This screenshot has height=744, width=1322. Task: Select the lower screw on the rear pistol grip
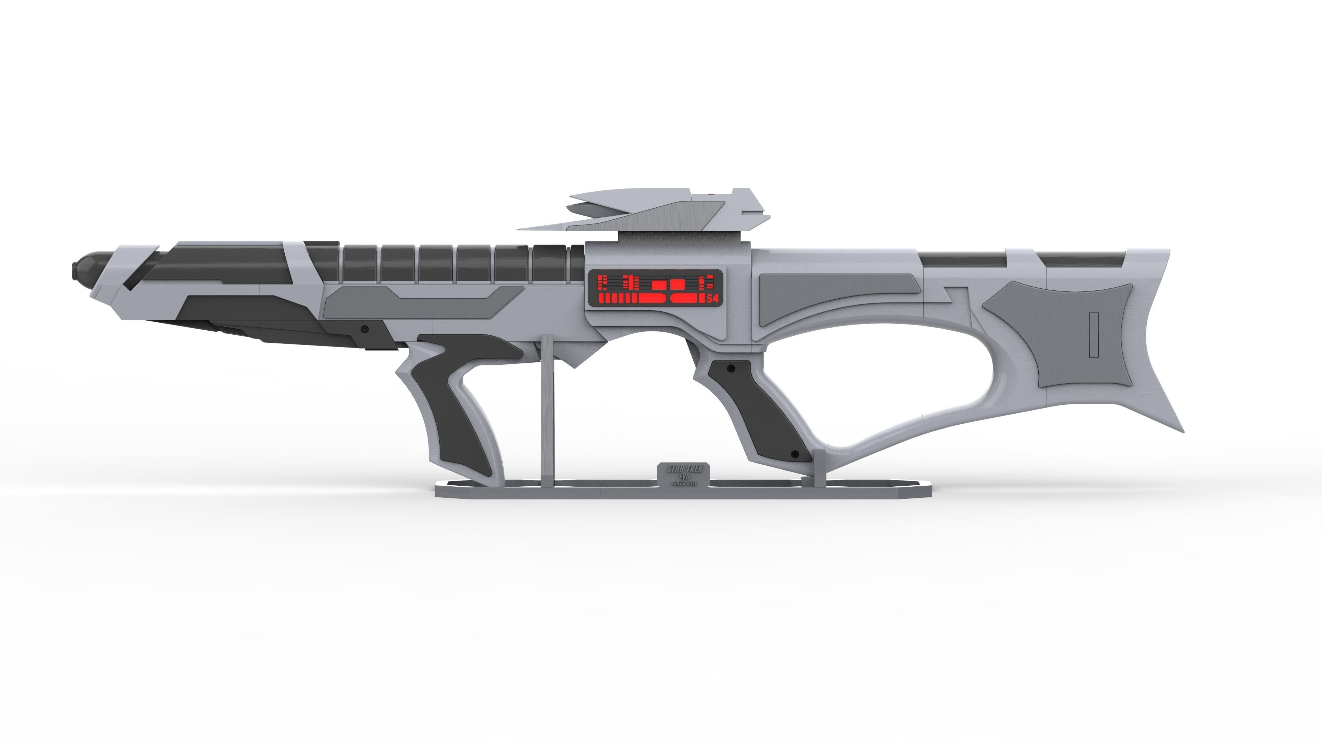[795, 454]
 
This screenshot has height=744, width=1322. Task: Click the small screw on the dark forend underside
[365, 329]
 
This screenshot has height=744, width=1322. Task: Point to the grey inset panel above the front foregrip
[421, 300]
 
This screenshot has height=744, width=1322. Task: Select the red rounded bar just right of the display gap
[688, 298]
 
